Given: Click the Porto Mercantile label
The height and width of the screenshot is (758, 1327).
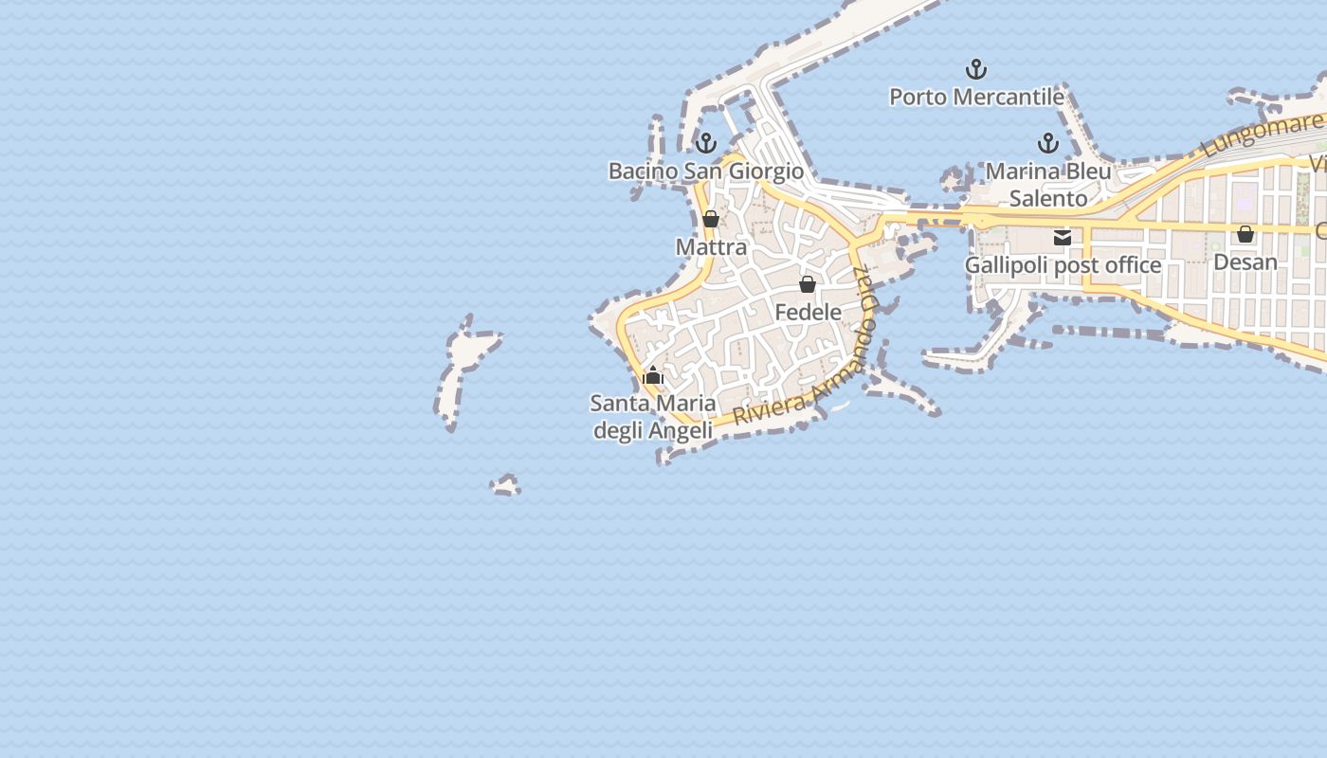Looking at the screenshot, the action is click(x=976, y=97).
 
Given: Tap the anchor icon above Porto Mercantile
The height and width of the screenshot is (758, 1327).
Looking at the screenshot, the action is click(x=976, y=69).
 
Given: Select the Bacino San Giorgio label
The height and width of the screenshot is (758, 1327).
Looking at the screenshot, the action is click(x=705, y=171).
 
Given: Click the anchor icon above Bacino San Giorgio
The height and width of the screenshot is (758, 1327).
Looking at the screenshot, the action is click(x=705, y=143).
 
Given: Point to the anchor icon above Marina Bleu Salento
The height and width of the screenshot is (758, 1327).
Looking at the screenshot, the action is click(x=1047, y=143).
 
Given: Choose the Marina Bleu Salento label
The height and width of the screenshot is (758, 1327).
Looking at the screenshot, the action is click(x=1047, y=185).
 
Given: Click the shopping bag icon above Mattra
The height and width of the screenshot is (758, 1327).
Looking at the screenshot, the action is click(x=711, y=220).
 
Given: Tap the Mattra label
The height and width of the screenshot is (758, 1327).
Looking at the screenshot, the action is click(x=711, y=247).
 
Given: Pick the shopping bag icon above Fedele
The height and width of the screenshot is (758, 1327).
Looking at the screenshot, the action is click(x=808, y=284).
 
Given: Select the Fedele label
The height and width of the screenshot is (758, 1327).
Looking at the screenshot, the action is click(x=808, y=312).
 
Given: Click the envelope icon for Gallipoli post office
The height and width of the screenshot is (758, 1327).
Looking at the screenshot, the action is click(x=1063, y=237).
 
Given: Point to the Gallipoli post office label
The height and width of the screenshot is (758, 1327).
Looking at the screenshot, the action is click(x=1063, y=265).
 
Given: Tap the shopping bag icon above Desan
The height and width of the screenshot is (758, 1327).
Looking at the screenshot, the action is click(x=1245, y=234).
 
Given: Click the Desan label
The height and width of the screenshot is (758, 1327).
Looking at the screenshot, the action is click(x=1245, y=262).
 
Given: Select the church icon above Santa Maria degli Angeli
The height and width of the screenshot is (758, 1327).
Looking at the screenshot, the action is click(x=652, y=375).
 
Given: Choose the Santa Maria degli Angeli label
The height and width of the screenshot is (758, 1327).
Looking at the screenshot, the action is click(x=652, y=417).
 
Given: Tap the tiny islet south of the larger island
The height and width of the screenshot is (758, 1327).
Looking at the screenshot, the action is click(x=506, y=486).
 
